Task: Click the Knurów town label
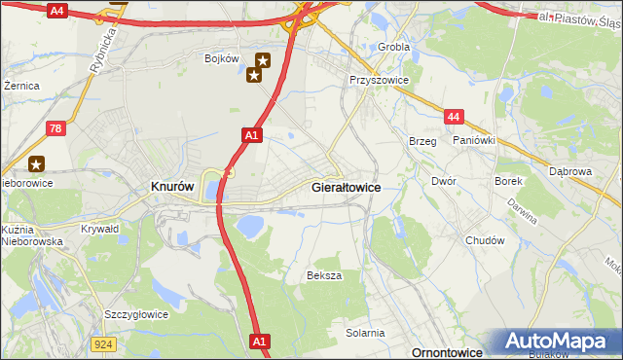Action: pyautogui.click(x=172, y=185)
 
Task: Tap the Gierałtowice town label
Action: pyautogui.click(x=345, y=185)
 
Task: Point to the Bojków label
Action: pyautogui.click(x=221, y=58)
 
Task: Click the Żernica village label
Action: pyautogui.click(x=21, y=86)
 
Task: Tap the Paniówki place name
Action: pyautogui.click(x=474, y=140)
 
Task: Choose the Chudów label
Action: pyautogui.click(x=485, y=240)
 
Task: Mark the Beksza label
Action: pyautogui.click(x=324, y=275)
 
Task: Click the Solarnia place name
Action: pyautogui.click(x=365, y=333)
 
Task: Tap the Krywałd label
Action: pyautogui.click(x=100, y=229)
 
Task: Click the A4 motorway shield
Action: pyautogui.click(x=55, y=11)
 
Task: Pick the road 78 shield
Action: pyautogui.click(x=57, y=128)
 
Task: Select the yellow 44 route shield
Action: pyautogui.click(x=454, y=117)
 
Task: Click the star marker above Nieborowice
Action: pyautogui.click(x=37, y=165)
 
